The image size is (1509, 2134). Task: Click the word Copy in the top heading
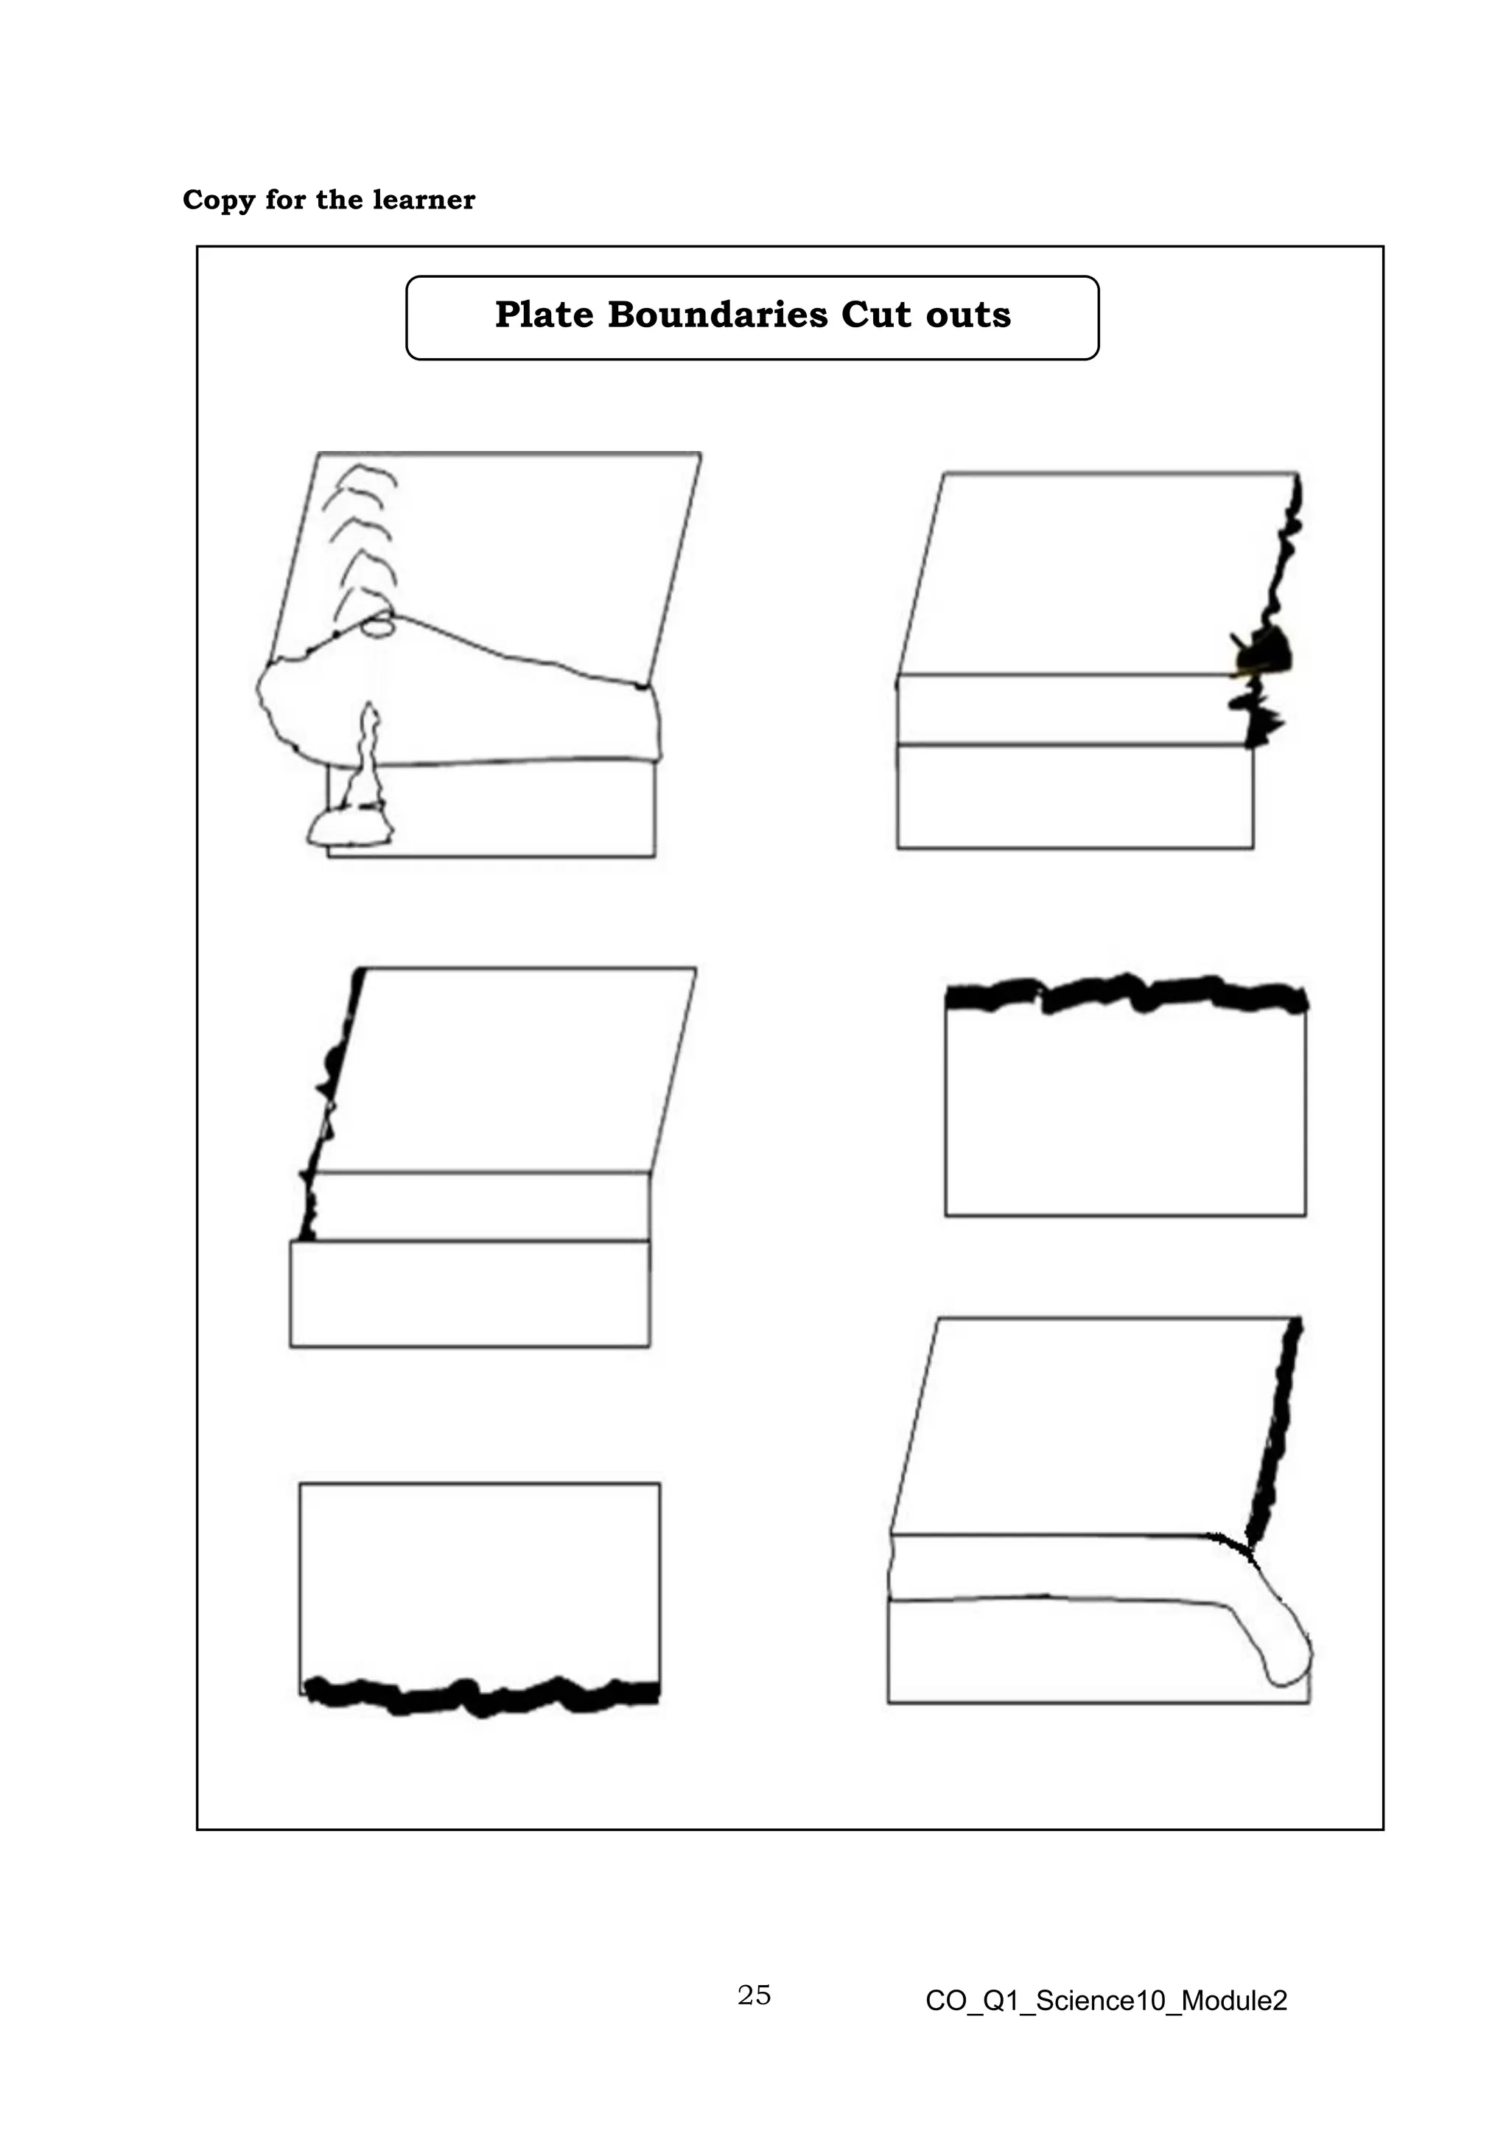(218, 200)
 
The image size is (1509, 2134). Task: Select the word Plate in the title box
(544, 315)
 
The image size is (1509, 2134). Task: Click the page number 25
(754, 1995)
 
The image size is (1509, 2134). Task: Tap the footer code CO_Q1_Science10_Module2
(1106, 2000)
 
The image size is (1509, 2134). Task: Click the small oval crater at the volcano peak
(377, 626)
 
